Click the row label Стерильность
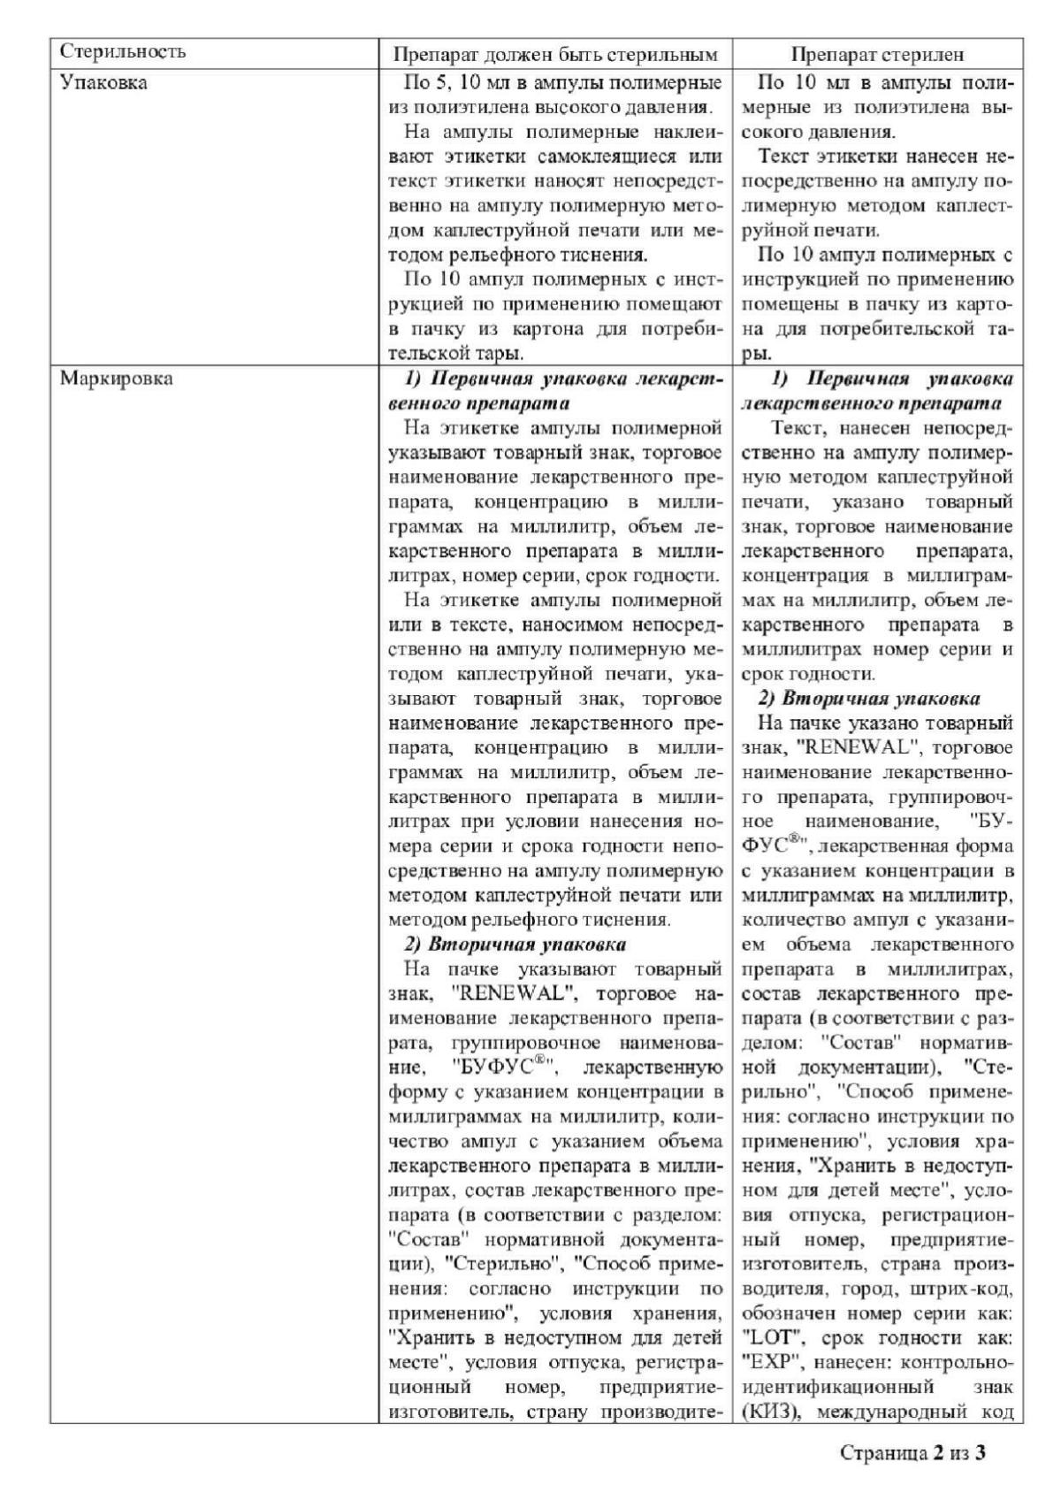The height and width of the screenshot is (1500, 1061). click(123, 51)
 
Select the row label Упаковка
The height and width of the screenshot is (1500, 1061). click(103, 83)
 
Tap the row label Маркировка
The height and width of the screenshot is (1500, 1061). click(116, 379)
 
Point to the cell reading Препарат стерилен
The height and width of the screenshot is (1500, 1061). click(877, 54)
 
